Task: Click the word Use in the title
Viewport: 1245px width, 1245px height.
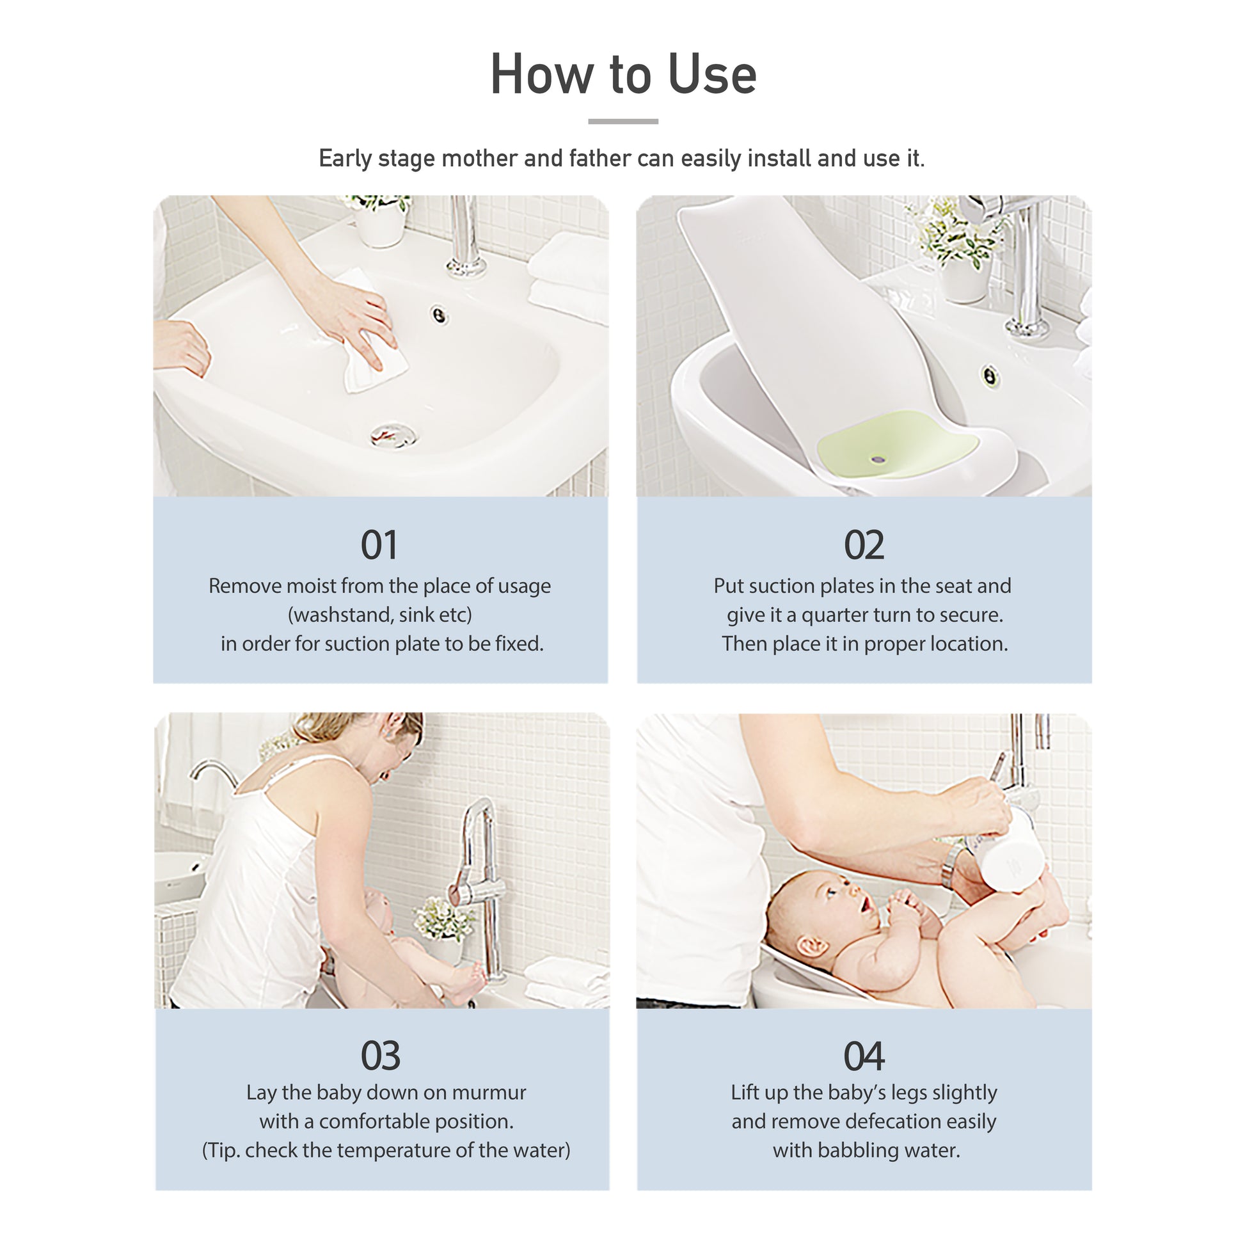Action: [x=712, y=74]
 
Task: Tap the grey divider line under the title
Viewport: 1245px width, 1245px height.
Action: [x=622, y=121]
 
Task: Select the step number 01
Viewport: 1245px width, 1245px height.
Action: [x=379, y=545]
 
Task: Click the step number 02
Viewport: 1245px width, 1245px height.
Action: [x=864, y=545]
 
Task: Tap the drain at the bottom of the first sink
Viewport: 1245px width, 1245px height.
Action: [x=394, y=435]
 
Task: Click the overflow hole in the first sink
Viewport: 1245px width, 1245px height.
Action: [x=440, y=315]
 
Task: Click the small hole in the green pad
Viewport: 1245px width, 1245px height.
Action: [x=876, y=459]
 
